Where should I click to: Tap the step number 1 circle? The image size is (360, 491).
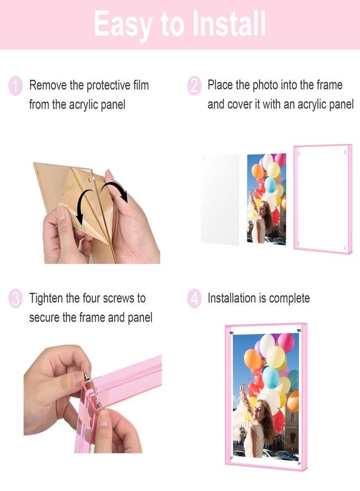point(16,86)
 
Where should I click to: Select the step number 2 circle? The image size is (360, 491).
point(194,86)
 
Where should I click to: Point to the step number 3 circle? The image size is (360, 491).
point(16,299)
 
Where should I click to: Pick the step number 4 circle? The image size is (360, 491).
point(194,299)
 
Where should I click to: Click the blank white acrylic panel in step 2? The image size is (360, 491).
point(219,200)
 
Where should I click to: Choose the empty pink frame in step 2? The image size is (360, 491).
point(322,200)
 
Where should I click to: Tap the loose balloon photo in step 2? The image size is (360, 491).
point(266,198)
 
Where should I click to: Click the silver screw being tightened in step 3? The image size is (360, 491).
point(86,376)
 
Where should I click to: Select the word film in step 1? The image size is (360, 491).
point(140,85)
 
